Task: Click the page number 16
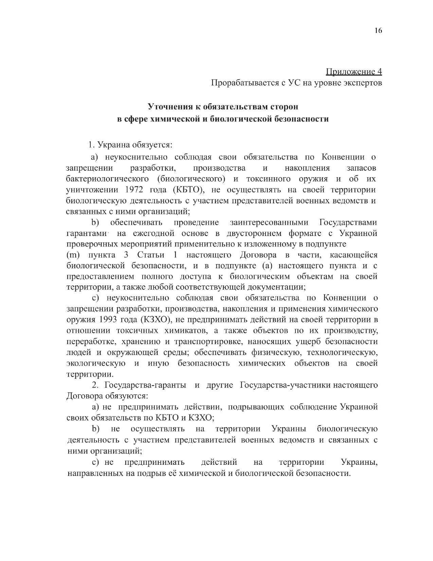378,31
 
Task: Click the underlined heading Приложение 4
354,72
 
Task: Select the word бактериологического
107,179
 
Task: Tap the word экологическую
95,363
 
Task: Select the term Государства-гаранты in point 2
145,385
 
